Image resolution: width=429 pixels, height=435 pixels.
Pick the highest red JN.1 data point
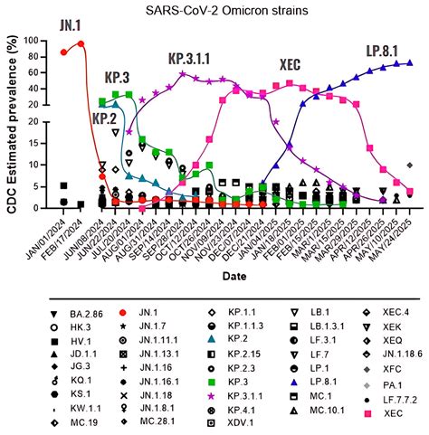click(81, 43)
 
